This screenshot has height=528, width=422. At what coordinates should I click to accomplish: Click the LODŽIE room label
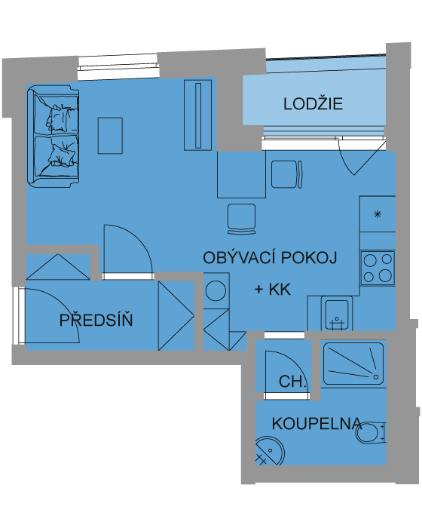coord(313,103)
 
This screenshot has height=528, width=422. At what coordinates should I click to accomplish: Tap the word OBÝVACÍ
coord(240,258)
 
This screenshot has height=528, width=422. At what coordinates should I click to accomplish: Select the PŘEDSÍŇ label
coord(96,320)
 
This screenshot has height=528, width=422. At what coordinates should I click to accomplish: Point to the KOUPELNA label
coord(316,424)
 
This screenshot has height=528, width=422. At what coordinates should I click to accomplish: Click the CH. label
coord(292,382)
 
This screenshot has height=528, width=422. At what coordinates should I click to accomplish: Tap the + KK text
coord(273,289)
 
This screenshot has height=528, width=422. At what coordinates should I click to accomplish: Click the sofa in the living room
coord(54,137)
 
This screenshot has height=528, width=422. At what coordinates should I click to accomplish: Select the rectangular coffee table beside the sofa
coord(110,136)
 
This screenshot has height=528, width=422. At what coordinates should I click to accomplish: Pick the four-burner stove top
coord(378,268)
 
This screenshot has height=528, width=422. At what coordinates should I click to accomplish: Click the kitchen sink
coord(337,313)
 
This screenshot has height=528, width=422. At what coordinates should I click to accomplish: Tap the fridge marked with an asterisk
coord(378,213)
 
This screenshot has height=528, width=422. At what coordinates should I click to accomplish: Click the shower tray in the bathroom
coord(353,364)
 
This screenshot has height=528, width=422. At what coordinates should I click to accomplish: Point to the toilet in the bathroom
coord(370,433)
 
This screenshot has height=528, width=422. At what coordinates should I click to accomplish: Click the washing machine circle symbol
coord(216,290)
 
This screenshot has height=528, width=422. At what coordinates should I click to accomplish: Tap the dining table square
coord(241,174)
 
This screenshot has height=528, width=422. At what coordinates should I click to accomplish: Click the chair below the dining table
coord(241,219)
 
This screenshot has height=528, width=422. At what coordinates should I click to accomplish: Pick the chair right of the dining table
coord(287,174)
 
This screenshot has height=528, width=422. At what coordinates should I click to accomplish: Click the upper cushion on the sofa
coord(61,118)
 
